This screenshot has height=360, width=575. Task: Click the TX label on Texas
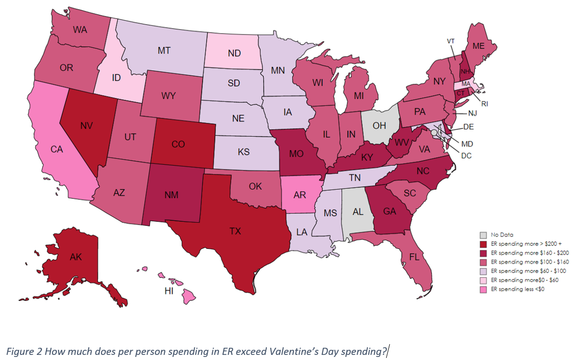pos(235,231)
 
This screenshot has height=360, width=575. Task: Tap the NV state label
pos(86,124)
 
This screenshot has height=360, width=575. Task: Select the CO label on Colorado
pos(178,144)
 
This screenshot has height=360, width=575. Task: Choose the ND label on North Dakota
pos(234,53)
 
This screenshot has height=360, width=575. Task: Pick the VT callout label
pos(451,41)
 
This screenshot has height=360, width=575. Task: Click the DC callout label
pos(466,156)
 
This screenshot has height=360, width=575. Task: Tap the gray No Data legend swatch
pos(483,235)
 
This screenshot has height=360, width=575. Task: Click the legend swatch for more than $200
pos(483,244)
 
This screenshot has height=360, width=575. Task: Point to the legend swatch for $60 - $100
pos(483,271)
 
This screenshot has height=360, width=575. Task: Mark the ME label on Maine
pos(478,46)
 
